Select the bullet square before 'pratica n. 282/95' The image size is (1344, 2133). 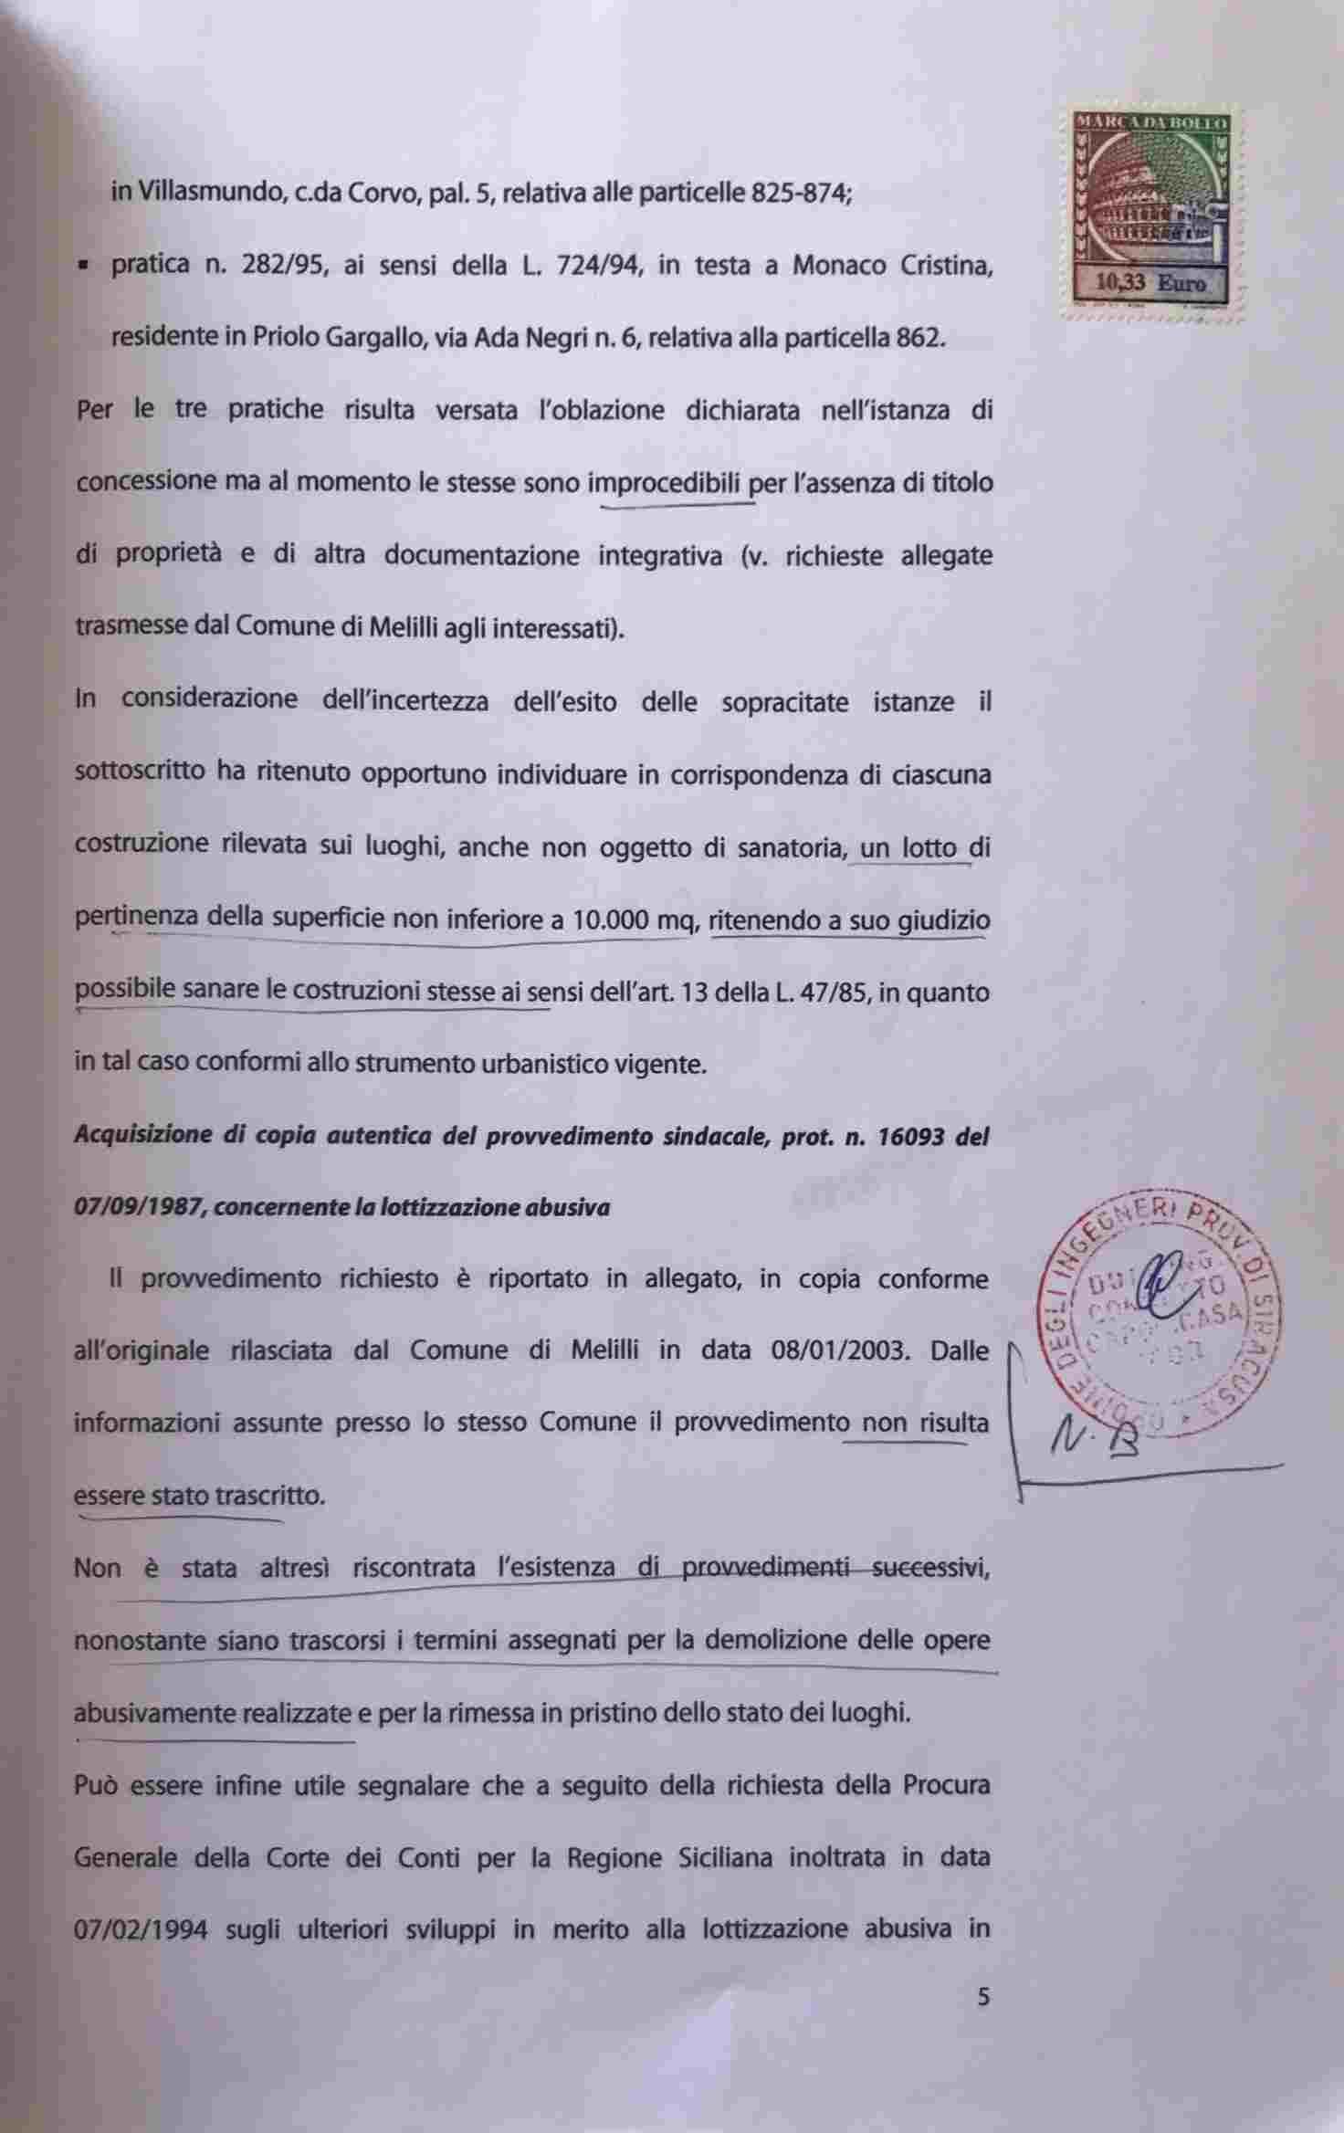tap(83, 268)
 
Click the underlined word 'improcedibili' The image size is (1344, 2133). tap(664, 482)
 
